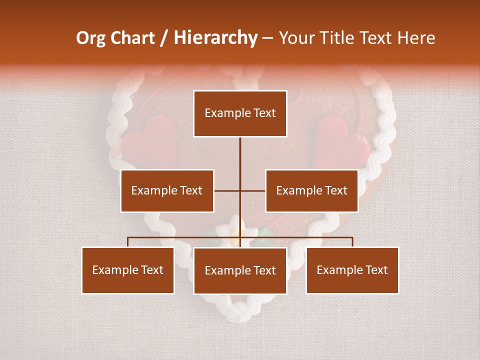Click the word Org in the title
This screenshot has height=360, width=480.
point(91,38)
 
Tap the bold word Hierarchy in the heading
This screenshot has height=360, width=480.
point(215,38)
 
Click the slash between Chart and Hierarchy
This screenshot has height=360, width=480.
point(164,38)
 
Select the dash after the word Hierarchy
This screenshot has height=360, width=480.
point(267,39)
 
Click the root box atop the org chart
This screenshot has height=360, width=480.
point(240,113)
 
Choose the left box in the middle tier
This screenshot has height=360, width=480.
point(167,191)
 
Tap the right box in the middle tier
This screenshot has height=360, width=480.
point(311,191)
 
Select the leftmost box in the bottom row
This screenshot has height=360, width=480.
point(128,270)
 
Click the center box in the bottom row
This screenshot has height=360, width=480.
point(240,271)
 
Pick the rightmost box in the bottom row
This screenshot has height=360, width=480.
point(352,270)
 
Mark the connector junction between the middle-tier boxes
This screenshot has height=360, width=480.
point(240,191)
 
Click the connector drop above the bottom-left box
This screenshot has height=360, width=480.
point(128,242)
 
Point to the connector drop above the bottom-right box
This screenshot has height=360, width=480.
point(352,242)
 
